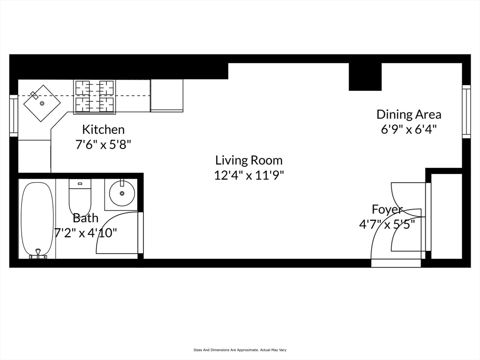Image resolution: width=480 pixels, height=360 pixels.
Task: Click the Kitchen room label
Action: click(x=104, y=129)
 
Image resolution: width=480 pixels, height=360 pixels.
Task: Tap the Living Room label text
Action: click(x=248, y=160)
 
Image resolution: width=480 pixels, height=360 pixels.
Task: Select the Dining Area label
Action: click(x=409, y=114)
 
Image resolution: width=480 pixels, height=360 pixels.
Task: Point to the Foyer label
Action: click(x=387, y=210)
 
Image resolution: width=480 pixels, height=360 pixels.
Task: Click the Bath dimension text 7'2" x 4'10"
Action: click(x=86, y=233)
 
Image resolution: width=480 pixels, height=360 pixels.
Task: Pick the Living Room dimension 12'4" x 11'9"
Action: click(x=249, y=175)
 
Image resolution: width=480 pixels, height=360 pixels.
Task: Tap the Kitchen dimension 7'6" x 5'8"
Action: click(x=103, y=144)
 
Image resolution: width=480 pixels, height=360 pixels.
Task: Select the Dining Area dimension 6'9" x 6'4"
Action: click(x=408, y=129)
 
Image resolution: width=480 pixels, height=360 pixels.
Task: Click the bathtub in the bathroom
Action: click(x=37, y=219)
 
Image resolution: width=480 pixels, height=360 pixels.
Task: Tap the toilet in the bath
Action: click(x=80, y=197)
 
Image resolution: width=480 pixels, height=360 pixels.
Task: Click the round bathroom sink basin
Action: click(x=122, y=193)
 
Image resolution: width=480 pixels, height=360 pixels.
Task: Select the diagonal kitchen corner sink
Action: click(x=42, y=103)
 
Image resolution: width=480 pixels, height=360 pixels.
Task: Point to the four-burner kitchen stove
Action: click(x=95, y=97)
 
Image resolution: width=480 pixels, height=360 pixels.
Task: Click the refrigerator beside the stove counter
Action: click(x=167, y=96)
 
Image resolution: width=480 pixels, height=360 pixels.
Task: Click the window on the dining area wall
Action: click(x=466, y=112)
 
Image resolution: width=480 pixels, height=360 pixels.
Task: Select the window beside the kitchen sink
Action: click(x=14, y=115)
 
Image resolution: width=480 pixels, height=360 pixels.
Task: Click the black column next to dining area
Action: click(x=365, y=76)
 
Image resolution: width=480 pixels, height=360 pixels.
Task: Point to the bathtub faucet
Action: click(x=38, y=254)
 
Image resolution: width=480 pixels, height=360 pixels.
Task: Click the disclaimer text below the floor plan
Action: click(x=240, y=350)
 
